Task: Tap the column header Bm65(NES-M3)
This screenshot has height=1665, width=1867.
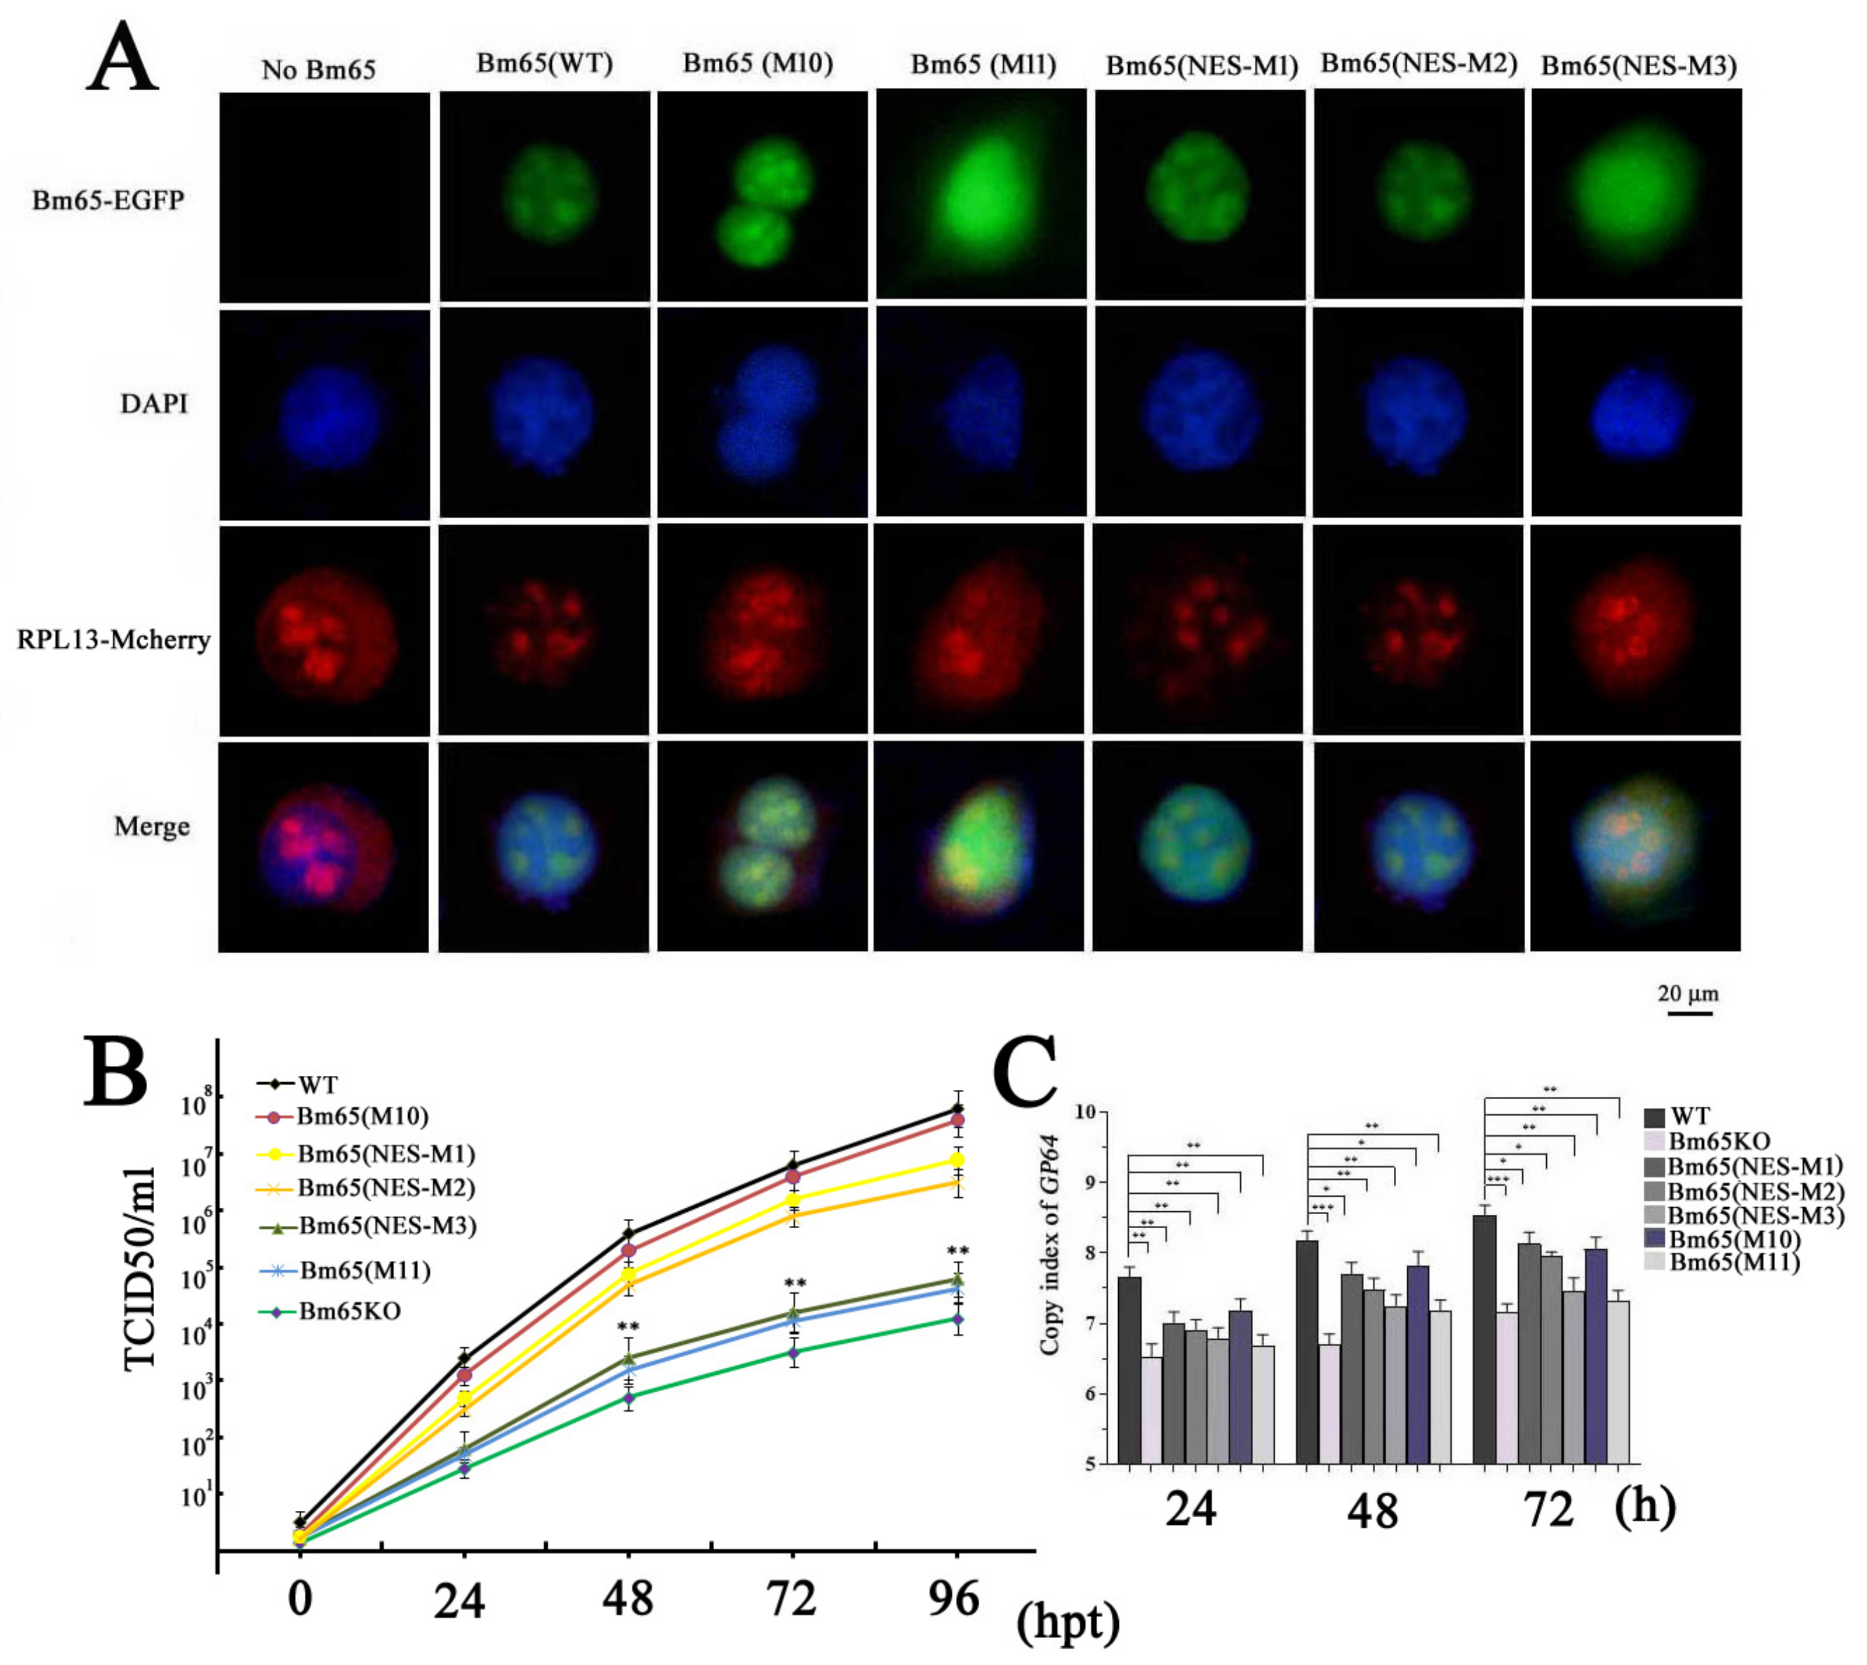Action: point(1638,66)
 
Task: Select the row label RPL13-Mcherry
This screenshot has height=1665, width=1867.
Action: point(113,640)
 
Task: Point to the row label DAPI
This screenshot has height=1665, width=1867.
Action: point(154,403)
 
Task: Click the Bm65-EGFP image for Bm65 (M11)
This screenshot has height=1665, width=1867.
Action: point(982,194)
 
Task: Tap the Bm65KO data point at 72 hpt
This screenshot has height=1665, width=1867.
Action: point(793,1352)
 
